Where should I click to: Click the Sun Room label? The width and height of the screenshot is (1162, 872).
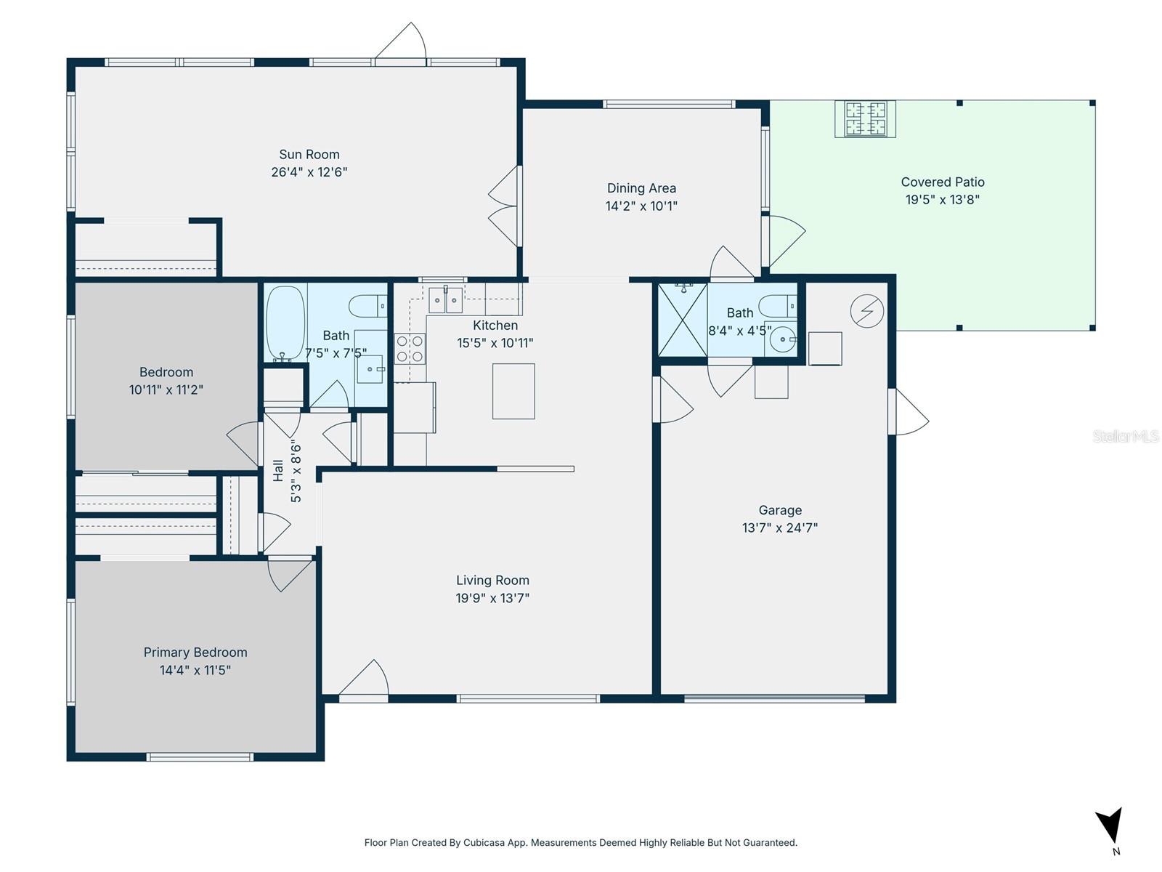[x=309, y=154]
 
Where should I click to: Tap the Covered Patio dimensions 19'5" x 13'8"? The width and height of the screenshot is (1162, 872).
[x=942, y=200]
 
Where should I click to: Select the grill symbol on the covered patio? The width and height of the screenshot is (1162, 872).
[x=865, y=118]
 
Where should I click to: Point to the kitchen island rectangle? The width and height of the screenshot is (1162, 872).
[x=513, y=391]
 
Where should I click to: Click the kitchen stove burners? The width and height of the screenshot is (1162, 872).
[x=410, y=349]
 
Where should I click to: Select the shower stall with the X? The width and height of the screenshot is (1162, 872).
[x=682, y=320]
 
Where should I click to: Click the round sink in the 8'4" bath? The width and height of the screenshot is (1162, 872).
[x=783, y=339]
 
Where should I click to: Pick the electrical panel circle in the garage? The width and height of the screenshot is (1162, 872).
[x=866, y=311]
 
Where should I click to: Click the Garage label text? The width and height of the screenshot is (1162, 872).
[x=780, y=510]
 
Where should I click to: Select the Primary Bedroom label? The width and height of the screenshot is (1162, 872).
[x=195, y=653]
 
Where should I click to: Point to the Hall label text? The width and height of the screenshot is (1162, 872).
[x=278, y=471]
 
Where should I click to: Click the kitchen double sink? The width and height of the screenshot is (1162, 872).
[x=445, y=299]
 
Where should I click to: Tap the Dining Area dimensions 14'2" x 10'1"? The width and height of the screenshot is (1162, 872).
[x=641, y=206]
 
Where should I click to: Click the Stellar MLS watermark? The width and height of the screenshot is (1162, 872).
[x=1125, y=436]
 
